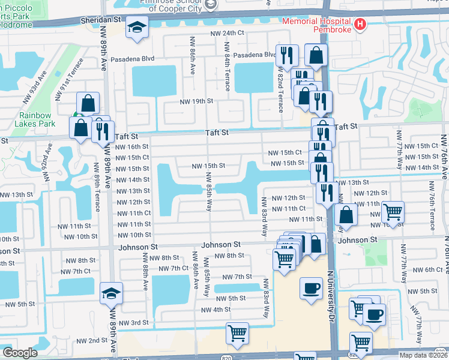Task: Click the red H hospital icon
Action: [360, 24]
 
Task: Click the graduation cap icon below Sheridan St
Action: [137, 28]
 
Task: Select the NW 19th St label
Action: [197, 101]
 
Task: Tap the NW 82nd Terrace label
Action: [280, 90]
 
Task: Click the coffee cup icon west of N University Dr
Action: [310, 289]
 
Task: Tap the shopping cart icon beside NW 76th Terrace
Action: [393, 212]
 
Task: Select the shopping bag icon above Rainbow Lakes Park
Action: [88, 103]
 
